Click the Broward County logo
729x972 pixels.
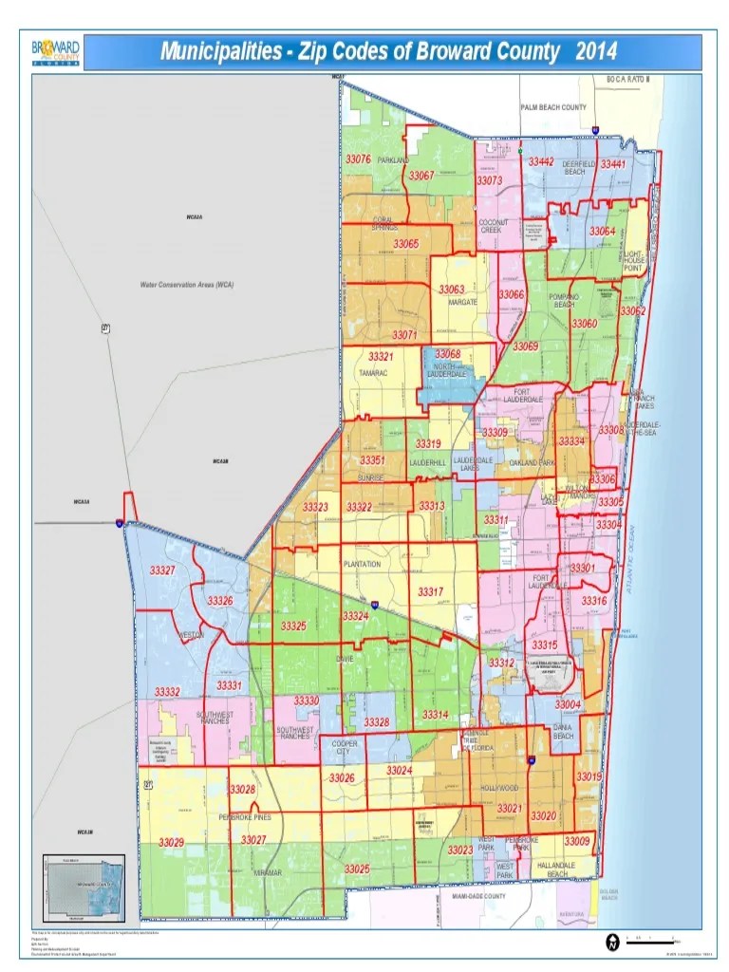[56, 52]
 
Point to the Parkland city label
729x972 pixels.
[393, 160]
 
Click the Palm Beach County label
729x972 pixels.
[553, 107]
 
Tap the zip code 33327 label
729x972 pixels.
[162, 570]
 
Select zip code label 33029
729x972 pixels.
[171, 842]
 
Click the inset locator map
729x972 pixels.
[84, 886]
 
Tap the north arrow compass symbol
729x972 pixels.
[613, 941]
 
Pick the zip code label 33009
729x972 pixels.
[576, 841]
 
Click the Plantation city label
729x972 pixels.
[362, 564]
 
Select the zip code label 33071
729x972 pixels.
[404, 335]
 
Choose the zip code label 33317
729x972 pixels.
[430, 591]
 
